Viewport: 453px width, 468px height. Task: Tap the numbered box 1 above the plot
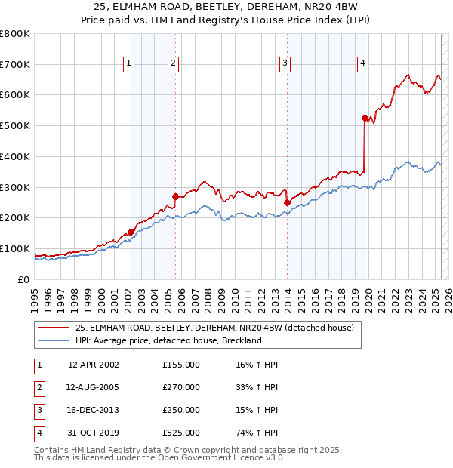(129, 64)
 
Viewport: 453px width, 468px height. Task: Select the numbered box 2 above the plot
(174, 64)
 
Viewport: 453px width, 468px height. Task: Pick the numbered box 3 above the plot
(285, 64)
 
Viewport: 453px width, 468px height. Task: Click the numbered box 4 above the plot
(363, 64)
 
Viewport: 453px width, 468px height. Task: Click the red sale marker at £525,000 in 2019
(365, 118)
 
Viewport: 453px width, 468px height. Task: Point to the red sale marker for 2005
(175, 196)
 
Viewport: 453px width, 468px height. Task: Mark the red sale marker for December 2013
(287, 202)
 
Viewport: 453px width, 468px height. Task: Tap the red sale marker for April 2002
(131, 232)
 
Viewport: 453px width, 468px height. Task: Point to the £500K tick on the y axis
(15, 125)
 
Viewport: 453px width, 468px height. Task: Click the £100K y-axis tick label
(15, 248)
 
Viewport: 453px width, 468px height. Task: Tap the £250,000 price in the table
(181, 410)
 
